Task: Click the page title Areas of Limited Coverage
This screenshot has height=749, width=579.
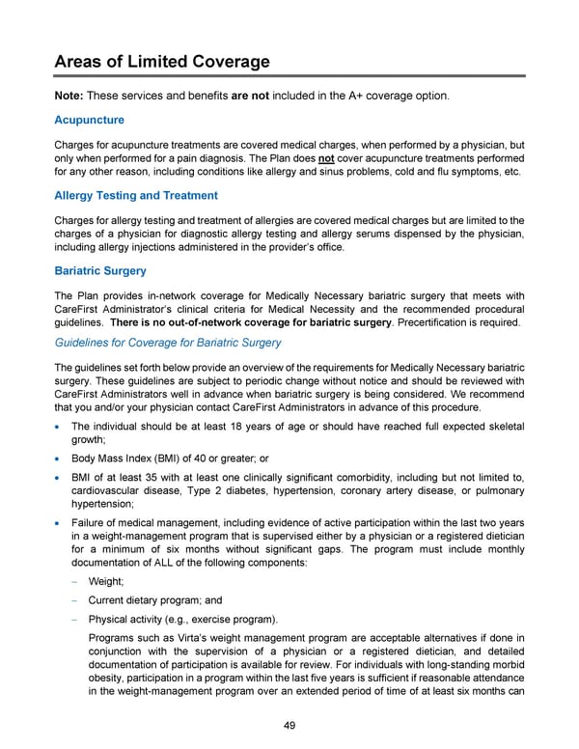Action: click(x=161, y=61)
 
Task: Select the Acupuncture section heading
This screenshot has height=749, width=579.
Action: click(x=90, y=120)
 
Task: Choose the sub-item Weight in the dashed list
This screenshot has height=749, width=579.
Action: click(x=103, y=582)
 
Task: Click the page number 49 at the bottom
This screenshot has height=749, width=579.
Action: click(x=289, y=727)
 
